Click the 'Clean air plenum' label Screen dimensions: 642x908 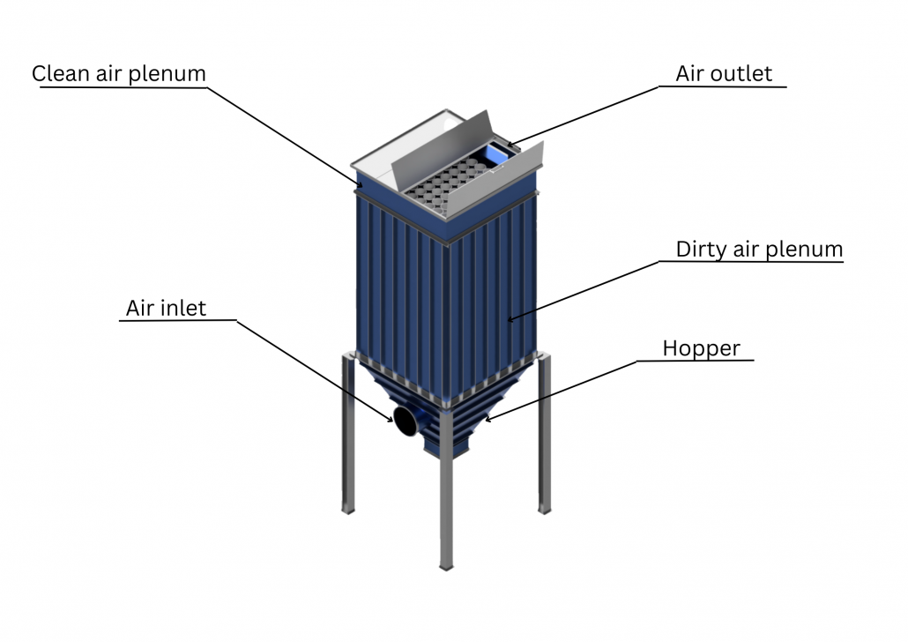point(118,73)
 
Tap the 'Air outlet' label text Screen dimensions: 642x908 point(723,73)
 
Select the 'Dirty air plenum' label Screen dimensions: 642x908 point(759,250)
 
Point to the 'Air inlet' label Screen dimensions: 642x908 point(166,308)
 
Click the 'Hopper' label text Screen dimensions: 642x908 point(701,348)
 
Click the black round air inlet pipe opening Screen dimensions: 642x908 point(405,421)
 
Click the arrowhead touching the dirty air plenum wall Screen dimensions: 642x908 point(510,319)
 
